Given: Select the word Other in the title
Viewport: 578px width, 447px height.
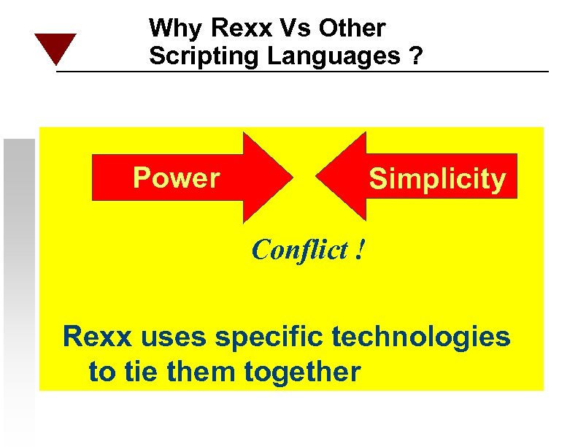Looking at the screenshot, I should (350, 29).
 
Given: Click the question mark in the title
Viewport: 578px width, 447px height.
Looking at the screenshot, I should (415, 56).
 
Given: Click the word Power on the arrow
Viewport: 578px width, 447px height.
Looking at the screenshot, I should (176, 177).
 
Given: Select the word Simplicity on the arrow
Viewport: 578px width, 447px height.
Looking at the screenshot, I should (437, 179).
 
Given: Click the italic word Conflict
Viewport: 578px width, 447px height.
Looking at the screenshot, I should (300, 251).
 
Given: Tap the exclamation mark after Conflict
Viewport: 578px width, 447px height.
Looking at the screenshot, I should (360, 251).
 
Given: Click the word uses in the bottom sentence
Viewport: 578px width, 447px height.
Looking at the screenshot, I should (178, 337).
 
